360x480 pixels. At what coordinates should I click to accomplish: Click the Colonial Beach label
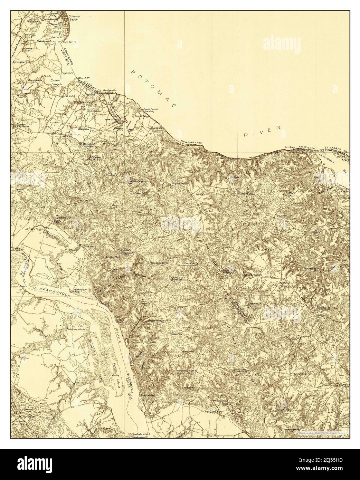click(x=74, y=18)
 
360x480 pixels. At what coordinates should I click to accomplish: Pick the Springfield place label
click(x=21, y=63)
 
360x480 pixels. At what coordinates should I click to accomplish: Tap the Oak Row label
click(x=177, y=334)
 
